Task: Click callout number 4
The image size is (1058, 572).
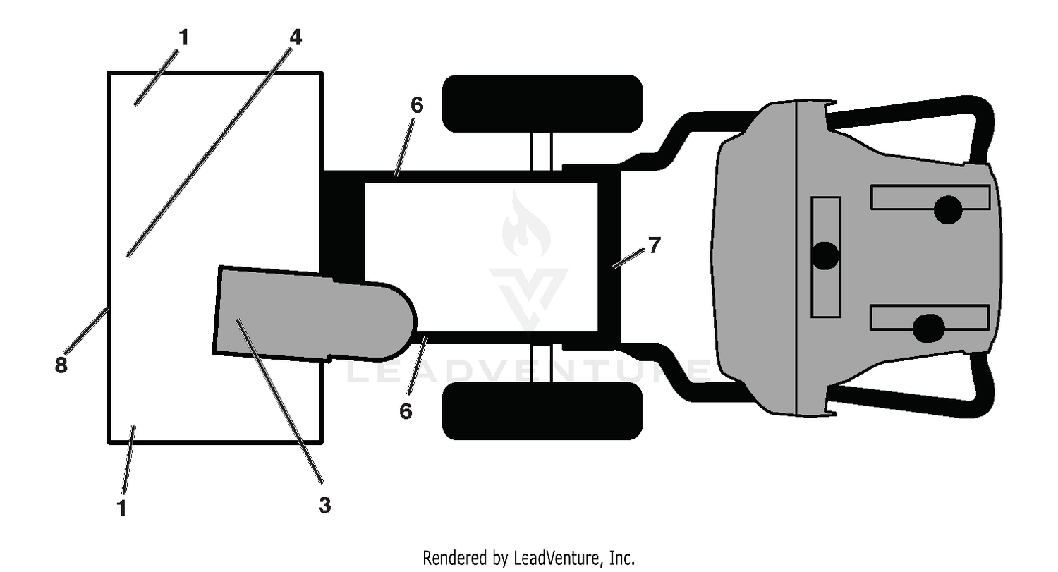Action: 296,37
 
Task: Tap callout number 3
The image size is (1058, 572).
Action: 324,505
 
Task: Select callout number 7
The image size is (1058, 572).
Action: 654,245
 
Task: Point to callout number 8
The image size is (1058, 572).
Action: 61,365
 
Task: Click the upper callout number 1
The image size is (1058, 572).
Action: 184,37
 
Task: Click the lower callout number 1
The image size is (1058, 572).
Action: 122,508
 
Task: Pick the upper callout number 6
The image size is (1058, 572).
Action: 417,105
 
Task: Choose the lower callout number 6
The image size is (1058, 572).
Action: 406,411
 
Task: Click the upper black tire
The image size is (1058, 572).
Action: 542,104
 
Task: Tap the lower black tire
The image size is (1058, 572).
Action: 542,411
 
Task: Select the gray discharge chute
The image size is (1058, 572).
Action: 314,314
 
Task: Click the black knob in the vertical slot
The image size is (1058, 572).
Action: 825,255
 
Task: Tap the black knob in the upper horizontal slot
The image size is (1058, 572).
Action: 948,209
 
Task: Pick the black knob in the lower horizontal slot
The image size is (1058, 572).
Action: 929,328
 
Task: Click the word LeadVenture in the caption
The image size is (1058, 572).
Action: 557,558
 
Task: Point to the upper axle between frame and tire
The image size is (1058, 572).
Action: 541,152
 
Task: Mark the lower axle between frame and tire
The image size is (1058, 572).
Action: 541,363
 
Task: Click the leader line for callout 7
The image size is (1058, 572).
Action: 628,258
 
